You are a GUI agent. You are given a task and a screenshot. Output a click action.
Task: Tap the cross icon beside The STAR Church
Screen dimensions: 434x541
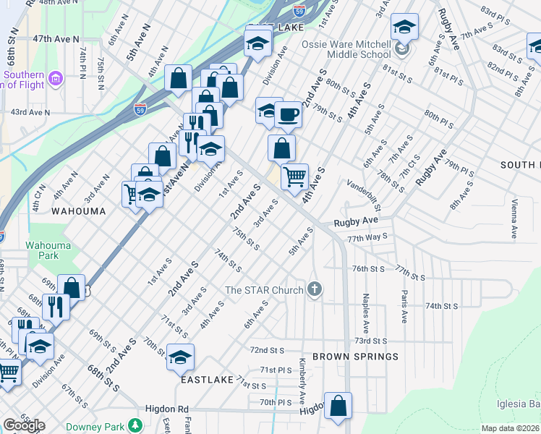[x=314, y=290]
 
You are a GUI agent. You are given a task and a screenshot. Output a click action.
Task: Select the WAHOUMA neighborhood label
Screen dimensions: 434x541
[x=78, y=211]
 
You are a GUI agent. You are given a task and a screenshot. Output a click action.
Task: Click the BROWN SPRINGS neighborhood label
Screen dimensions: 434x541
[x=355, y=357]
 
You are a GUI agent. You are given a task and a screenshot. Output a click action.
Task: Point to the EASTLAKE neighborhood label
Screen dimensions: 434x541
[x=207, y=379]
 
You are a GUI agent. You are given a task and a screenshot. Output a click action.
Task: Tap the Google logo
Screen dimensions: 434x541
[x=24, y=425]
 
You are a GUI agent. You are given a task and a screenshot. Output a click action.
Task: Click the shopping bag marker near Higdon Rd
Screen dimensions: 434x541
[x=338, y=407]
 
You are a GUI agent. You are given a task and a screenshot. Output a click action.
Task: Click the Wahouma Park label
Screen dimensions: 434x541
[x=48, y=250]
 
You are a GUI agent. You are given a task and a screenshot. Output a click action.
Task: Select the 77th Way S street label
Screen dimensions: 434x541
[x=367, y=237]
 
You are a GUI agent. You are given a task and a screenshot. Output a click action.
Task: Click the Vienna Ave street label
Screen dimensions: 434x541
[x=514, y=219]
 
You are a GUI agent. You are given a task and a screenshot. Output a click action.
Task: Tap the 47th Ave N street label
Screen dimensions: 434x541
[x=55, y=38]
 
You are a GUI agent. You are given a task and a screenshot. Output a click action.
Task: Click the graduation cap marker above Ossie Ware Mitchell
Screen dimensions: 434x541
[x=404, y=27]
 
